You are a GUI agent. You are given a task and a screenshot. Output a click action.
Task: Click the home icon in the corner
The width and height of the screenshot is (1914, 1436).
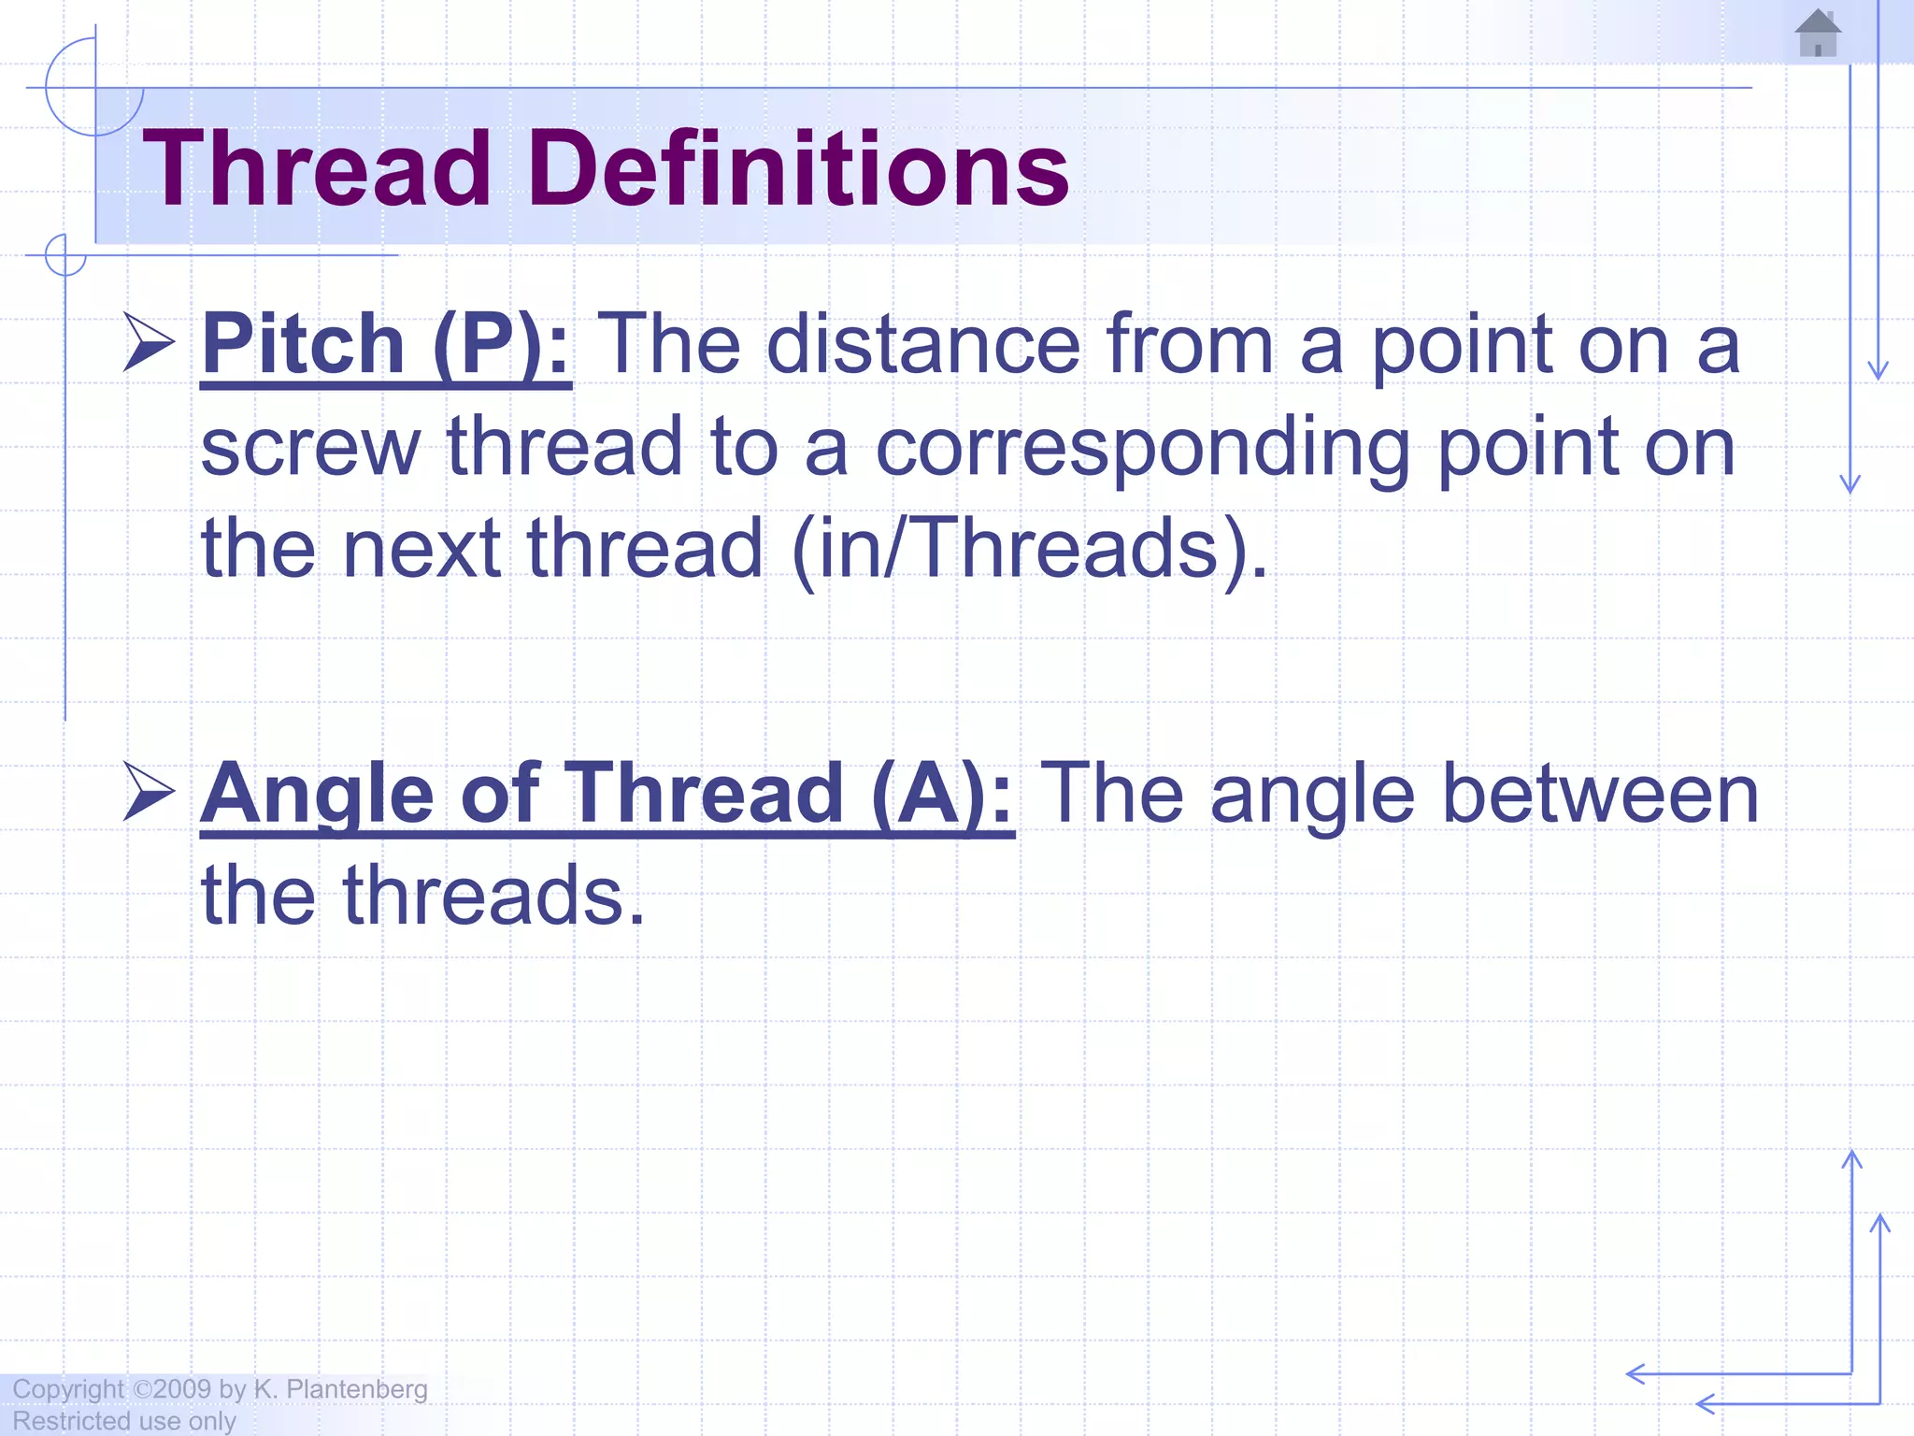tap(1818, 34)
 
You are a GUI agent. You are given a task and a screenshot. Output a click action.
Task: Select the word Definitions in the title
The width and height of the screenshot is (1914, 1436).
tap(799, 169)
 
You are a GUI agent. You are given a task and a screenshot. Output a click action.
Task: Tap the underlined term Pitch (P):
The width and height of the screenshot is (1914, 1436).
tap(386, 345)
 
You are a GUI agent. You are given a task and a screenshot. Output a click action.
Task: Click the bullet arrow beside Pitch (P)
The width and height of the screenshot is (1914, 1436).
tap(149, 343)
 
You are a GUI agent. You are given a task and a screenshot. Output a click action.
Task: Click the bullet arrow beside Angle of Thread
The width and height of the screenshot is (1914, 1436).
tap(149, 792)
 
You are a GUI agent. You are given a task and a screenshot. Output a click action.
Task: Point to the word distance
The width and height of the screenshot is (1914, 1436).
tap(922, 345)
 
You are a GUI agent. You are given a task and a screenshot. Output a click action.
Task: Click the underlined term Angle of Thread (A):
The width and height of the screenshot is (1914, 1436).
tap(607, 794)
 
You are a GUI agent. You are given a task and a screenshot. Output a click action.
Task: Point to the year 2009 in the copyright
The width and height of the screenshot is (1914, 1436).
tap(182, 1389)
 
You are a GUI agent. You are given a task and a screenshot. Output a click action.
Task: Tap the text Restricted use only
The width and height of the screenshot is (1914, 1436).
tap(124, 1421)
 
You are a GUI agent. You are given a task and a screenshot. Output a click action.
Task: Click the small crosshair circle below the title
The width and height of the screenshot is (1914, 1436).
tap(65, 254)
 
